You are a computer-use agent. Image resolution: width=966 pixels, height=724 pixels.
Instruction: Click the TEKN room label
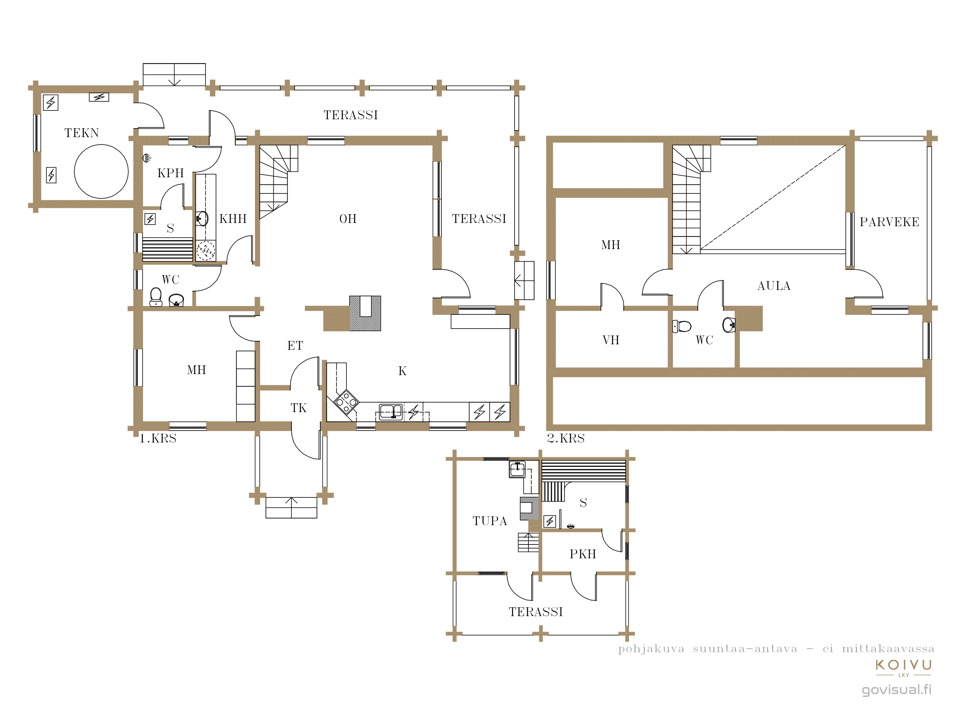[x=82, y=133]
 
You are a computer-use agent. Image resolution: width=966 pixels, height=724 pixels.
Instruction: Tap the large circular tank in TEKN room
[x=101, y=172]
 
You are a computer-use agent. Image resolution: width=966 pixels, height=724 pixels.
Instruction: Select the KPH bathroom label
[x=171, y=173]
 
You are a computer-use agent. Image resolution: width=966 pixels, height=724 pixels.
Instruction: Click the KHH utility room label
[x=233, y=218]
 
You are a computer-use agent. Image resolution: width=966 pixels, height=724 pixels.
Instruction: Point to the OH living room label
[x=348, y=218]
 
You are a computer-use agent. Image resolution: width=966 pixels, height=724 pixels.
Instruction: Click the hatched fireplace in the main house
[x=365, y=313]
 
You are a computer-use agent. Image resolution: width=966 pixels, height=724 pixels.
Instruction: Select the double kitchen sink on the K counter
[x=391, y=412]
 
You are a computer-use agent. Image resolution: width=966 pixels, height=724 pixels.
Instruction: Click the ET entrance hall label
[x=295, y=346]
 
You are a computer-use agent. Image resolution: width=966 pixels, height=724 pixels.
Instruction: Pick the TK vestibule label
[x=299, y=408]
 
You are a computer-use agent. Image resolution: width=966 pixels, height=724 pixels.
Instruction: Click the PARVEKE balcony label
[x=890, y=222]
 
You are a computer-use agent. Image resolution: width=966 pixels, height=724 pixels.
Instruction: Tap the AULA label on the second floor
[x=774, y=286]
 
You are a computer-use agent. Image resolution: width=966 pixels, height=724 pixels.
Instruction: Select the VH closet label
[x=611, y=340]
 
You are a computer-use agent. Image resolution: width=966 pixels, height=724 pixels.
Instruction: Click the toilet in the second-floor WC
[x=682, y=326]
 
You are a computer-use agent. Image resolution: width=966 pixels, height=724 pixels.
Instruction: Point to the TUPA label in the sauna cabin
[x=490, y=521]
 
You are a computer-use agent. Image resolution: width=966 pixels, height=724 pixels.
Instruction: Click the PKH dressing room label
[x=583, y=554]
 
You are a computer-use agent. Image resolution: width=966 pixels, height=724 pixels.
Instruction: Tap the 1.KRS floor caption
[x=158, y=439]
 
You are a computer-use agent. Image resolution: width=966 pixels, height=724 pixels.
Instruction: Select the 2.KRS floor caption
[x=566, y=438]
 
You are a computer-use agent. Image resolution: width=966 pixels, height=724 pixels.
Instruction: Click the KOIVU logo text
[x=904, y=665]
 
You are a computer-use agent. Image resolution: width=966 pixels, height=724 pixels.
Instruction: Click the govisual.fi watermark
[x=896, y=690]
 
